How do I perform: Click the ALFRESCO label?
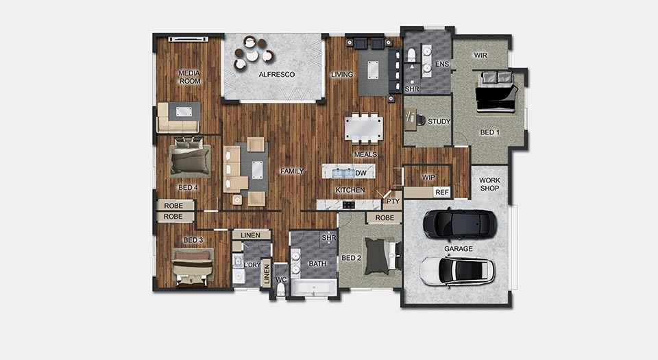[276, 75]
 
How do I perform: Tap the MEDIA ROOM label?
[190, 77]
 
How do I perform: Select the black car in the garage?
[460, 224]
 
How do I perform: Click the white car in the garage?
[457, 271]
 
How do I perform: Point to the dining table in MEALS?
[364, 128]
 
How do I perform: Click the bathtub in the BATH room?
[315, 288]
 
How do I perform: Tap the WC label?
[281, 280]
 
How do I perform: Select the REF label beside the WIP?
[442, 192]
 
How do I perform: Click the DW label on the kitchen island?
[361, 173]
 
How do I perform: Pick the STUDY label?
[439, 121]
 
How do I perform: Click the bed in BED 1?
[496, 92]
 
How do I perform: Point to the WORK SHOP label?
[489, 184]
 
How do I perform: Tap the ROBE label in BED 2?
[385, 218]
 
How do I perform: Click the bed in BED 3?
[193, 267]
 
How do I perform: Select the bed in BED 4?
[190, 156]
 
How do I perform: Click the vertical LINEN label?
[267, 274]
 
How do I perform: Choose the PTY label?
[393, 202]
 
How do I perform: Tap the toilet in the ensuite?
[411, 55]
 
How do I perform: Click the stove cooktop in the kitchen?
[349, 205]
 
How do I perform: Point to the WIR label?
[480, 55]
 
